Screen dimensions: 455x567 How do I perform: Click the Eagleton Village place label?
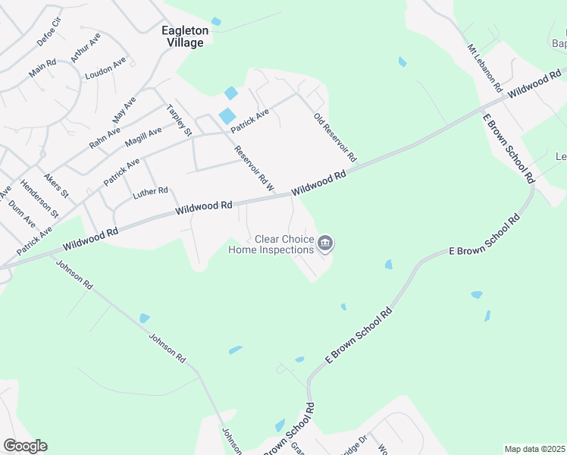pyautogui.click(x=183, y=36)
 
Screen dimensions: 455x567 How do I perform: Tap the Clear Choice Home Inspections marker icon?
pyautogui.click(x=326, y=243)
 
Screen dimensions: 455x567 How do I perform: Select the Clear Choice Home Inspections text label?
pyautogui.click(x=271, y=244)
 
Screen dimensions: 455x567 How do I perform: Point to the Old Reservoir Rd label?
pyautogui.click(x=334, y=137)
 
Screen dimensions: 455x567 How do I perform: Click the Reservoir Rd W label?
pyautogui.click(x=254, y=167)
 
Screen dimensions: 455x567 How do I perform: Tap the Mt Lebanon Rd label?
pyautogui.click(x=485, y=68)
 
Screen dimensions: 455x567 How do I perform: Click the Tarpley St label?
pyautogui.click(x=180, y=120)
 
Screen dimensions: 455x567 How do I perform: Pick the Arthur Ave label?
pyautogui.click(x=85, y=47)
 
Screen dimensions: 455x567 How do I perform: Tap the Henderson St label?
pyautogui.click(x=39, y=199)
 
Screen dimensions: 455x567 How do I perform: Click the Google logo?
pyautogui.click(x=25, y=446)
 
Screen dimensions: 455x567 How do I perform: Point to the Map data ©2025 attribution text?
pyautogui.click(x=534, y=449)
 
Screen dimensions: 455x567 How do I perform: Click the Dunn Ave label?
pyautogui.click(x=23, y=216)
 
